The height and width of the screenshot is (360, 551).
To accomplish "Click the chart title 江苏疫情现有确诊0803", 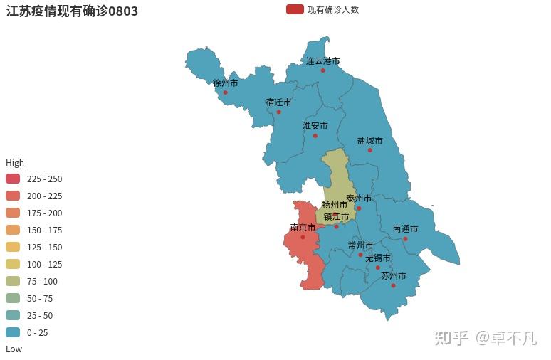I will (72, 11).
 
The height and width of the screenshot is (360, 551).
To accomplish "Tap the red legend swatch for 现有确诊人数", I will (295, 9).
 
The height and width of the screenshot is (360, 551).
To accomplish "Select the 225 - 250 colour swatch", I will (13, 179).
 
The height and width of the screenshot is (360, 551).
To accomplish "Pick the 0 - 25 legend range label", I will (38, 332).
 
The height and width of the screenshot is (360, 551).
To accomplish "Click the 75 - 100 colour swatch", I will (13, 281).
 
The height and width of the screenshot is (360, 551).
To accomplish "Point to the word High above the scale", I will (15, 162).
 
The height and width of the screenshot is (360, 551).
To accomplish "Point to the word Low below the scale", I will (14, 349).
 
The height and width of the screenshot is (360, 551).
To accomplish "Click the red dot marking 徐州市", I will (226, 92).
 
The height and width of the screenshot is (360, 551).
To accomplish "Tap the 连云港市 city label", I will (323, 61).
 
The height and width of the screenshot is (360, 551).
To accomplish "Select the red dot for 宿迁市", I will (278, 112).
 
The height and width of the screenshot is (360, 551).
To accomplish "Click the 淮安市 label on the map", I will (315, 126).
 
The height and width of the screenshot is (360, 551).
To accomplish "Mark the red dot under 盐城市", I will (369, 150).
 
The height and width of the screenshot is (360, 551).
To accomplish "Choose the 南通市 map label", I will (405, 229).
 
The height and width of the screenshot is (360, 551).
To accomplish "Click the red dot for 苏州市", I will (393, 285).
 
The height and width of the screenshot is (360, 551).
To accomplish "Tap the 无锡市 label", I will (378, 258).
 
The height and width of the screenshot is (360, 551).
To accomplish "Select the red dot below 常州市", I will (360, 255).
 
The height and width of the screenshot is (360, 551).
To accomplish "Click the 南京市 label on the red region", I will (303, 228).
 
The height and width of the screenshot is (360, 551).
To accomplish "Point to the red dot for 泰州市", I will (359, 208).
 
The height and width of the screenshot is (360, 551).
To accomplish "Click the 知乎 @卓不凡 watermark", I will (486, 337).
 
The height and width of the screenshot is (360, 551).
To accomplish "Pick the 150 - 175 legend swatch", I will (13, 230).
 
